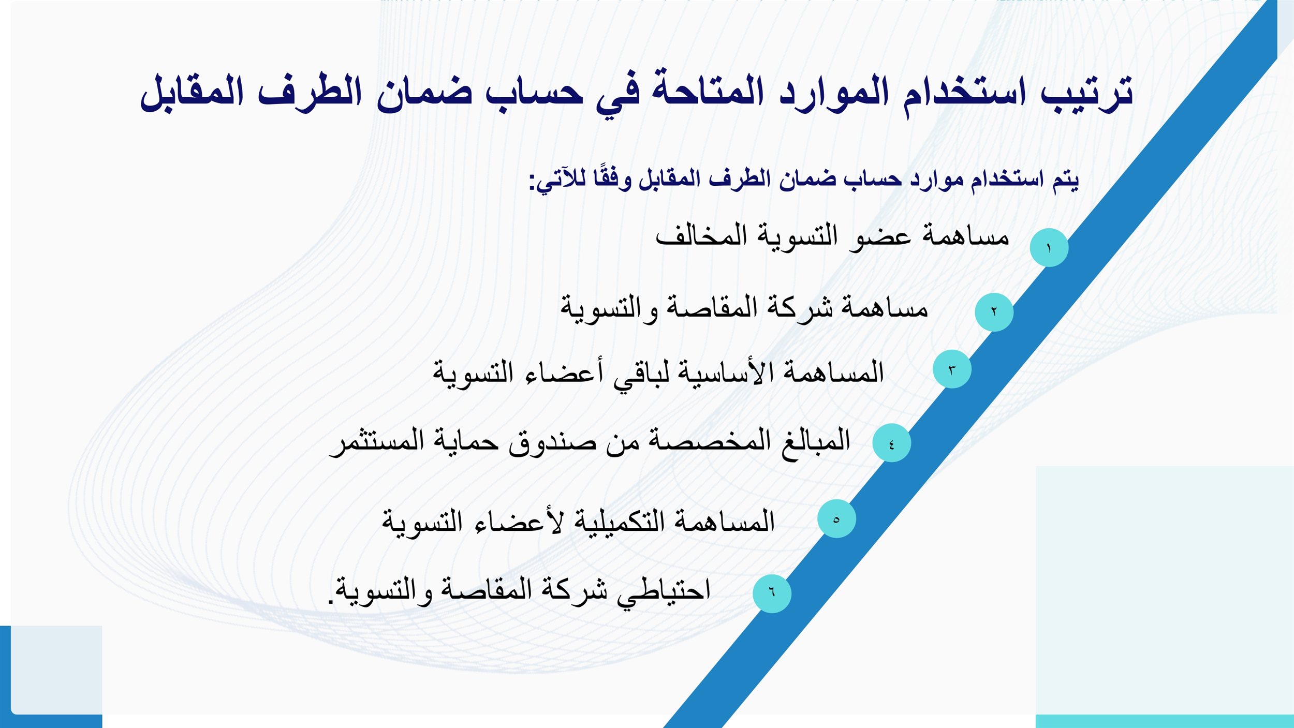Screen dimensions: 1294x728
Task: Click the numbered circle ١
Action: click(1049, 248)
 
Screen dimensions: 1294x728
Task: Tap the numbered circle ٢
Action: click(994, 312)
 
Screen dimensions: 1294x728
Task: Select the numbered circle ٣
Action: click(952, 369)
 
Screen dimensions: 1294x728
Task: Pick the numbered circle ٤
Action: click(891, 443)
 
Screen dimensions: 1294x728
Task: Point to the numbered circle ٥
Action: click(836, 519)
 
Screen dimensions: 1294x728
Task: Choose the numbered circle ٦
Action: click(772, 594)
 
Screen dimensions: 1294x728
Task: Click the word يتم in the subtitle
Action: click(1066, 180)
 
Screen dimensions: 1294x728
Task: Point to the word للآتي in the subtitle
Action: click(560, 181)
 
